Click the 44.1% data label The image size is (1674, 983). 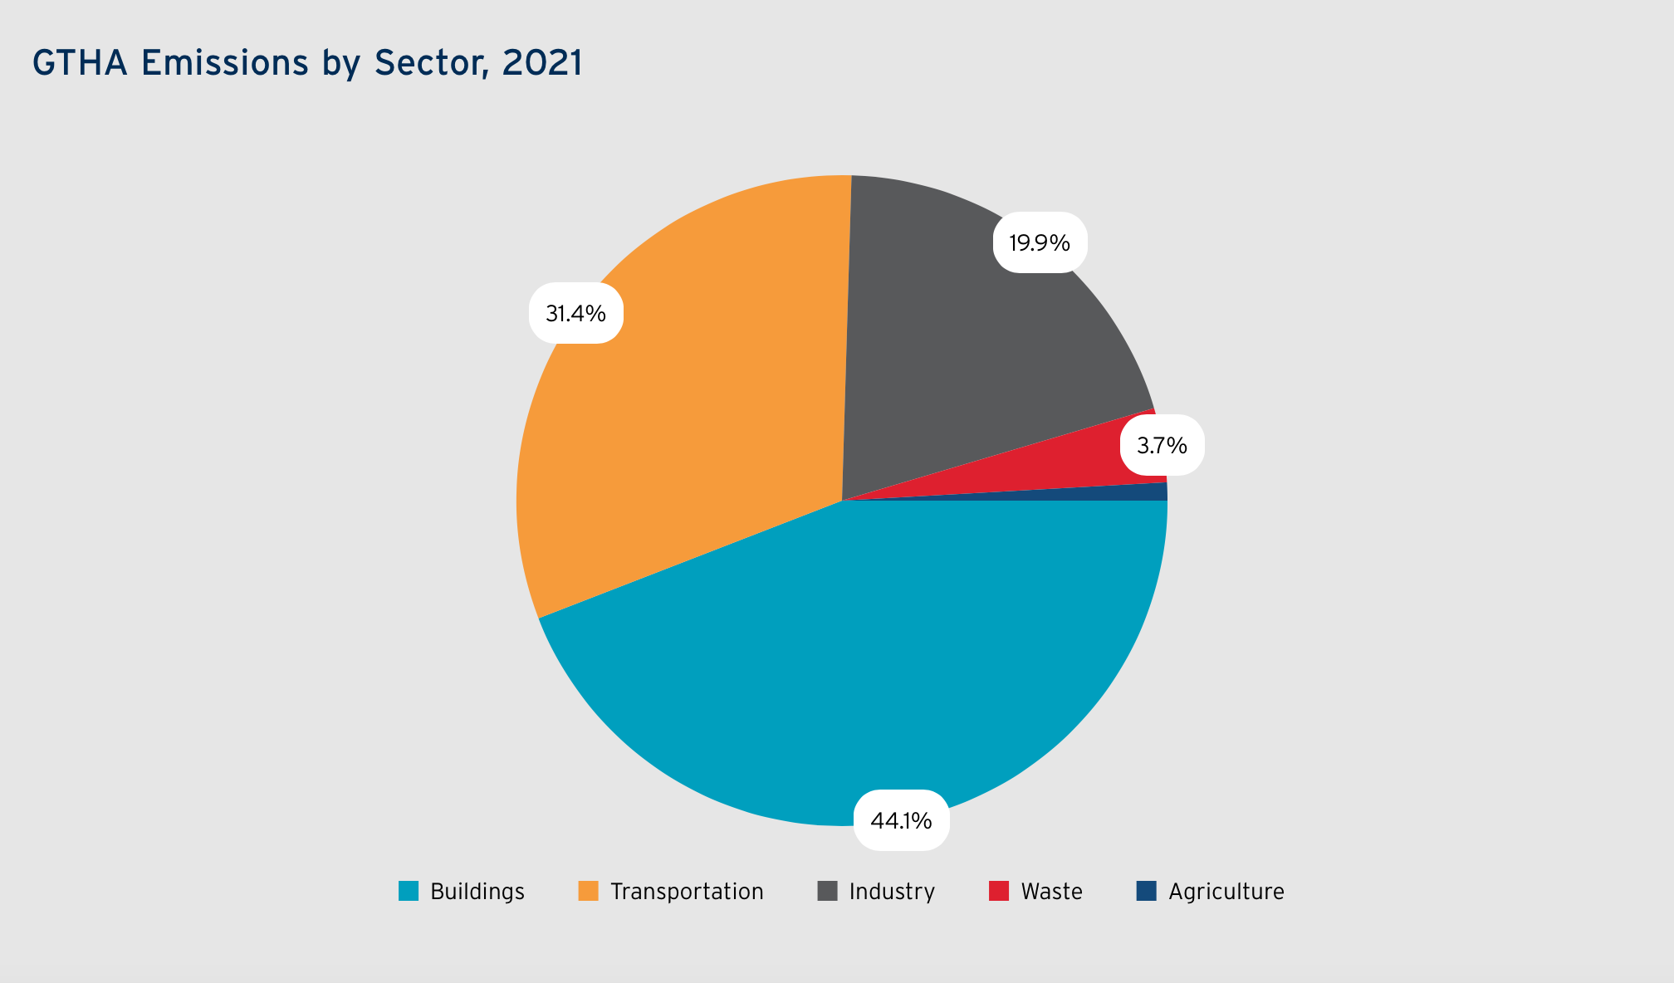(901, 820)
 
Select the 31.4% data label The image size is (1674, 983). (575, 313)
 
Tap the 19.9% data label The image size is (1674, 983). (1040, 242)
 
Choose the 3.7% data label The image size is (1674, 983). (1162, 446)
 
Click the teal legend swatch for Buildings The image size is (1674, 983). (409, 891)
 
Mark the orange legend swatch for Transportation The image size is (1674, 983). (589, 891)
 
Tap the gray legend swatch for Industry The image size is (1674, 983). (828, 891)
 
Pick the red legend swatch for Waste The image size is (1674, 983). (999, 891)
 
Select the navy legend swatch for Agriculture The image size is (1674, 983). (1147, 891)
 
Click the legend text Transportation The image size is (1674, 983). (687, 892)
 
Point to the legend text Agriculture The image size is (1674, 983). (1226, 893)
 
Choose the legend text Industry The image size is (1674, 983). (892, 893)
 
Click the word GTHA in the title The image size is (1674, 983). (80, 63)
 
